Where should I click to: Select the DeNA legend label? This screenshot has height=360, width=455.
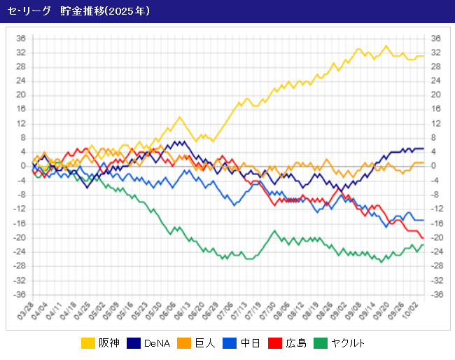tap(157, 343)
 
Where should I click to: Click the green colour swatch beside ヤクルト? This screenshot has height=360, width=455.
tap(321, 343)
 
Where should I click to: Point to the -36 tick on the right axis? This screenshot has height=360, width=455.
tap(436, 294)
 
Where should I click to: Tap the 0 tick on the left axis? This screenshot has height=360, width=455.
tap(22, 166)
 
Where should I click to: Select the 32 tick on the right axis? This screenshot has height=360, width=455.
tap(435, 53)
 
